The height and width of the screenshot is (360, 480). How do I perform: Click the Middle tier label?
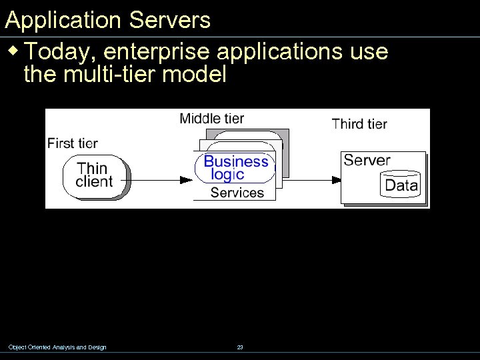tap(211, 119)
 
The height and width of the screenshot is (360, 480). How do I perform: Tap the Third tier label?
tap(359, 123)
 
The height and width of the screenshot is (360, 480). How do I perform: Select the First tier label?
tap(73, 143)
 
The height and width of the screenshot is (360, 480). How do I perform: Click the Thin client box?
tap(95, 175)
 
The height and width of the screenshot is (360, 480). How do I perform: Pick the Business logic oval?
tap(235, 168)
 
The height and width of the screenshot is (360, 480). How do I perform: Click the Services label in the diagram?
tap(237, 193)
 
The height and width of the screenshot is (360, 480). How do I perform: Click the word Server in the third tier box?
tap(366, 160)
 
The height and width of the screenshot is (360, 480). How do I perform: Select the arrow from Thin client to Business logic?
tap(160, 179)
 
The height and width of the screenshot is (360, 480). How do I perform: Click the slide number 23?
tap(240, 347)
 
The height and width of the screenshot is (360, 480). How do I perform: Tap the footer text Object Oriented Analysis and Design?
tap(57, 347)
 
